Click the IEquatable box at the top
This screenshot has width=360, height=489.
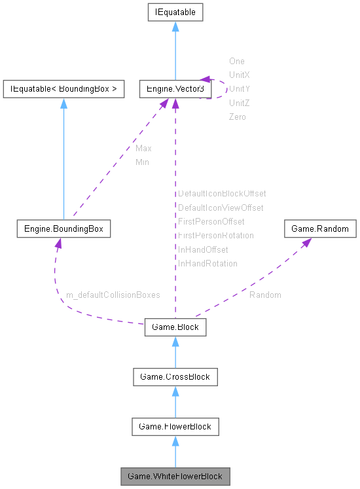coord(175,12)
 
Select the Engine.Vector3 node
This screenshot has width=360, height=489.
coord(175,89)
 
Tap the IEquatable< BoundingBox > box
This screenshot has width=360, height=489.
coord(63,89)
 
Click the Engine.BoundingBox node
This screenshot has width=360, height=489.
coord(63,229)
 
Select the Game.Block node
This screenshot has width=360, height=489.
coord(175,326)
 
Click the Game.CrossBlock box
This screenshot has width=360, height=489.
coord(175,376)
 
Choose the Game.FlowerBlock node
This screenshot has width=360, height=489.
coord(175,427)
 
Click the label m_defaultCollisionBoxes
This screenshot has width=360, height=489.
coord(113,295)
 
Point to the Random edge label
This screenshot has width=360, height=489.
coord(265,295)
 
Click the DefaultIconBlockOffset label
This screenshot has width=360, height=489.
coord(222,194)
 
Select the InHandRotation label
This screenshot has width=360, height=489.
coord(207,263)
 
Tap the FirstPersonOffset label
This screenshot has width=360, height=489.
coord(211,222)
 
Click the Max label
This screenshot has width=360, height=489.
coord(143,149)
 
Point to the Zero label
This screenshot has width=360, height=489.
coord(237,117)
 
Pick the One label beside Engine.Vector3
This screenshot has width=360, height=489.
coord(236,62)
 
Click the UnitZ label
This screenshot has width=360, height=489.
coord(239,103)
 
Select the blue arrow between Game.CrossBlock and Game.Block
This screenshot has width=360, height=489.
coord(175,353)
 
